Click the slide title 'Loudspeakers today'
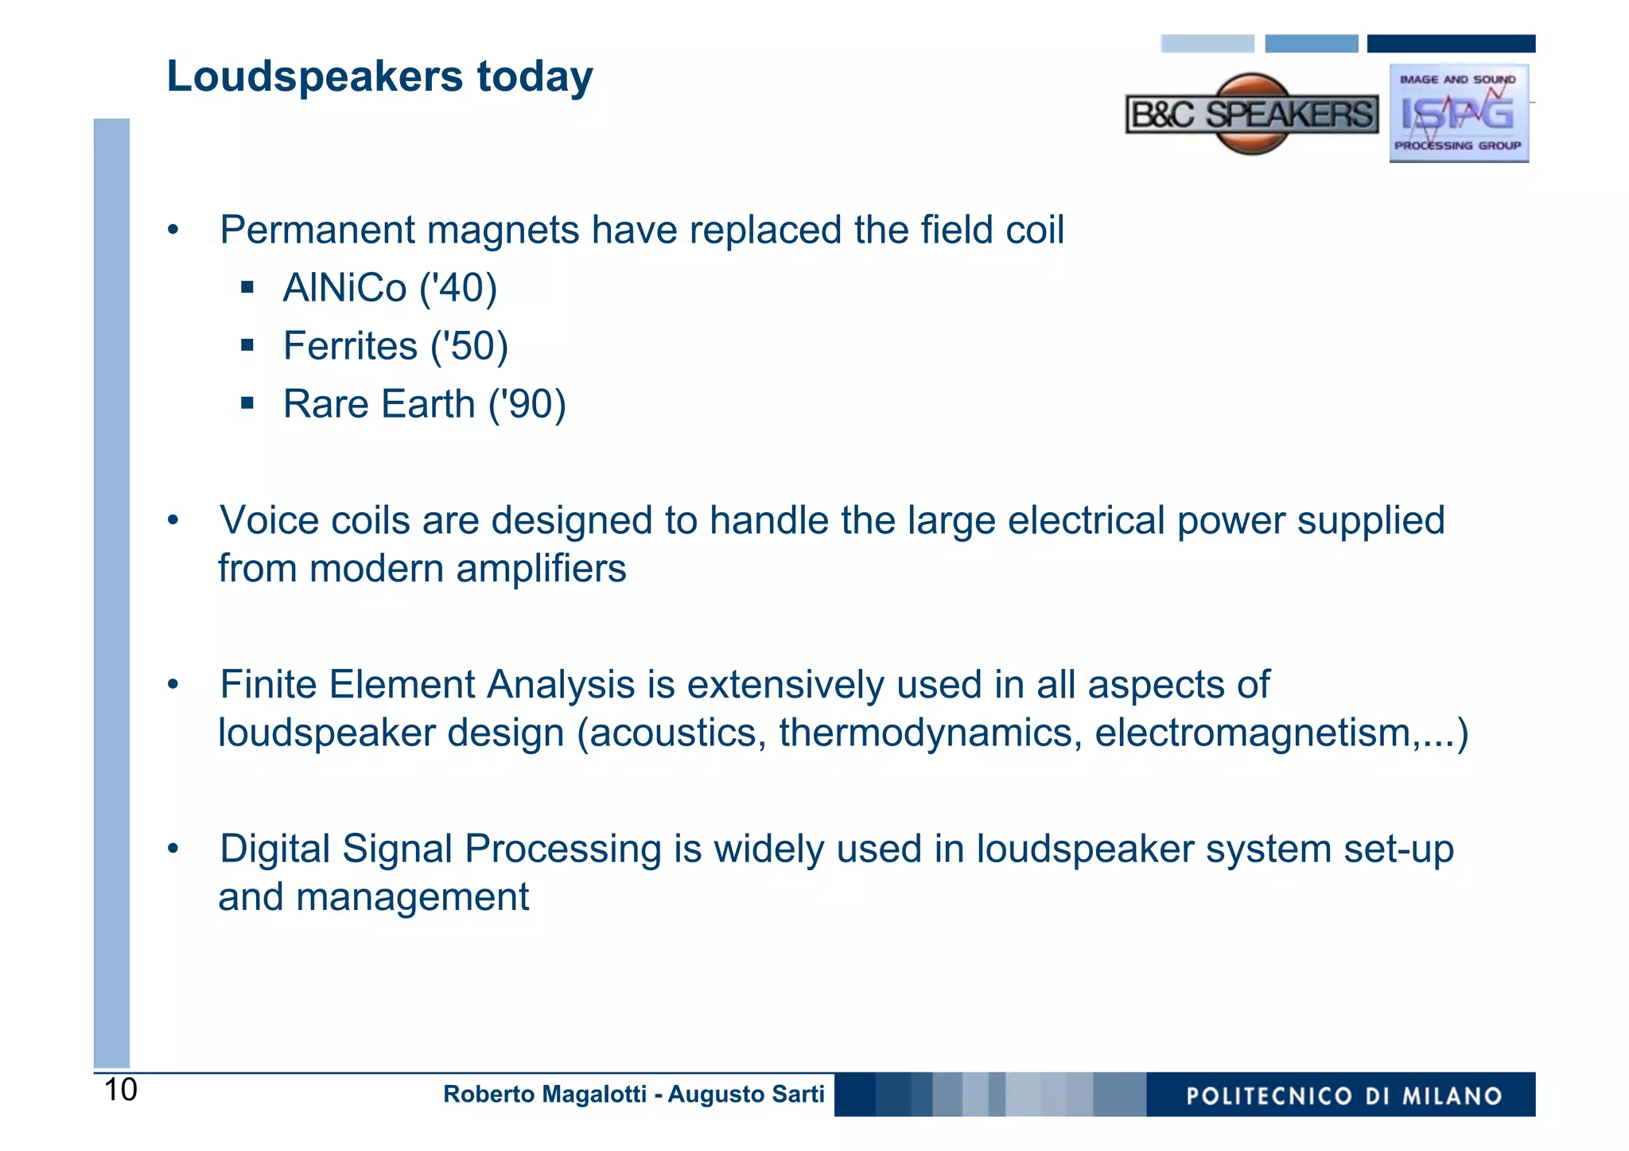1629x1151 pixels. [379, 77]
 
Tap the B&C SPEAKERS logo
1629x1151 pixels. [1251, 115]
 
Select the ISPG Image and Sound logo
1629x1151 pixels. [1458, 113]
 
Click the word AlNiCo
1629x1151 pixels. [344, 288]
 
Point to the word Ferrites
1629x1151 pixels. [350, 346]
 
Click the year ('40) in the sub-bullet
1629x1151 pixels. [458, 288]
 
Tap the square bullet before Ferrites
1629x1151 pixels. [247, 345]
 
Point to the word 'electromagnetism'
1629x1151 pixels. [1252, 733]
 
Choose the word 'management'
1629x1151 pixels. [412, 897]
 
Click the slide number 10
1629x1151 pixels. [121, 1090]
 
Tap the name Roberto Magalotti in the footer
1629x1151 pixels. [544, 1095]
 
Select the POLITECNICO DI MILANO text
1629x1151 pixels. [1343, 1096]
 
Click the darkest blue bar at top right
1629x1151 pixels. [1450, 44]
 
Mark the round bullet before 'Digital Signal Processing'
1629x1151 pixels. [173, 848]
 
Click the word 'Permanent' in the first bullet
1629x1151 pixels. [317, 231]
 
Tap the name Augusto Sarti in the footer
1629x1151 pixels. [745, 1095]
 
